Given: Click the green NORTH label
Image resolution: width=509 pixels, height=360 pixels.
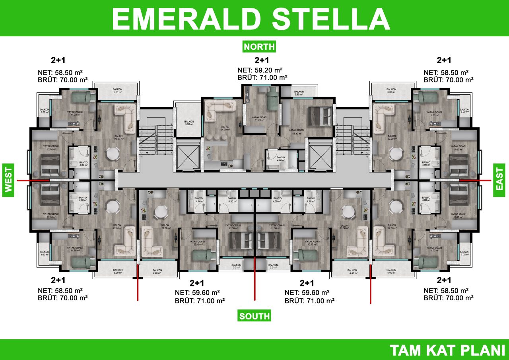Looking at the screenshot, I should click(259, 47).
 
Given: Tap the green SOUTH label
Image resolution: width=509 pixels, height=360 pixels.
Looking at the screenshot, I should click(254, 316).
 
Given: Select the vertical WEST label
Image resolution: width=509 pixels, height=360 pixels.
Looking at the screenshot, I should click(8, 180).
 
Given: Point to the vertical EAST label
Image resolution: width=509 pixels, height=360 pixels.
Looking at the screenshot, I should click(499, 180).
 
